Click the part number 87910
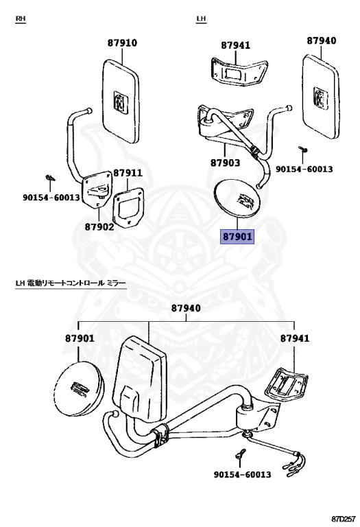[122, 43]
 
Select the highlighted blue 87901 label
[237, 237]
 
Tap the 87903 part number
[226, 163]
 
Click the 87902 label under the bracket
[99, 227]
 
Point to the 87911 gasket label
[128, 173]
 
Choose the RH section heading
[21, 19]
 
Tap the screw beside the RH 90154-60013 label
[50, 178]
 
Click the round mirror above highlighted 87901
[237, 198]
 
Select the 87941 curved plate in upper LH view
[239, 71]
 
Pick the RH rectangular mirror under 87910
[120, 102]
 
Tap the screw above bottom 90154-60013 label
[241, 454]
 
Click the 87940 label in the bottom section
[186, 308]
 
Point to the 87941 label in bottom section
[295, 338]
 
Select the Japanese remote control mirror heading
[71, 283]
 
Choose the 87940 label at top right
[322, 40]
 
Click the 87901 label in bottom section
[80, 338]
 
